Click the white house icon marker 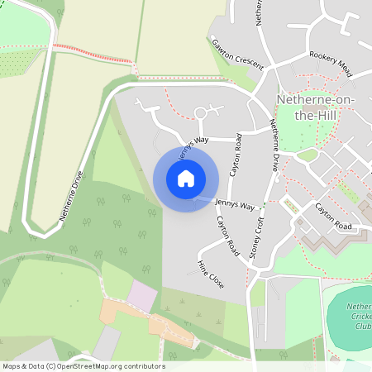[x=186, y=179]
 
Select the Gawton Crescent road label [x=237, y=54]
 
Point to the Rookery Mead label [x=331, y=64]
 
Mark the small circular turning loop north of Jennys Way [x=201, y=113]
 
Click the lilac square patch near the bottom [x=141, y=297]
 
